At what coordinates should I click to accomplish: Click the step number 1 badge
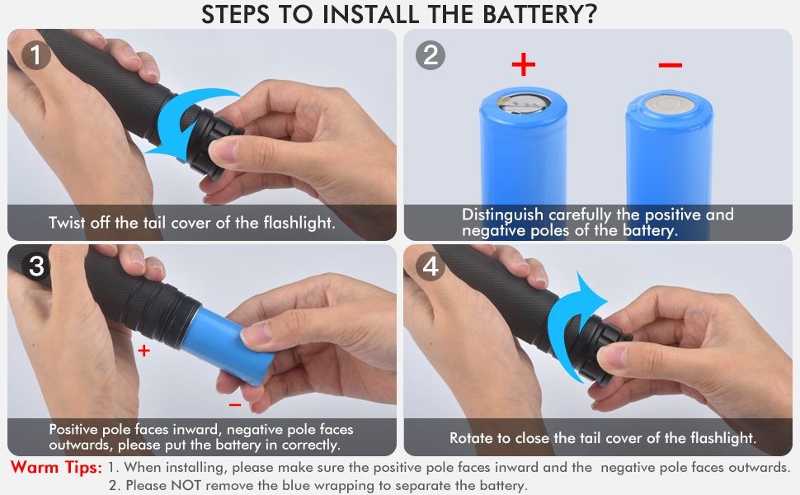click(x=35, y=56)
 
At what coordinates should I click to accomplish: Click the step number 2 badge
click(x=431, y=56)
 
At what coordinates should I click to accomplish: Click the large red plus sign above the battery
click(x=524, y=64)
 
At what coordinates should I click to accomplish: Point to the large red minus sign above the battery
click(x=671, y=65)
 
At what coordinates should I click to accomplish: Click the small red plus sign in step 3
click(x=144, y=351)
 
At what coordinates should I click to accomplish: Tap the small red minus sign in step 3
click(x=235, y=405)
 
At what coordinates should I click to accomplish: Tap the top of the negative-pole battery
click(x=670, y=104)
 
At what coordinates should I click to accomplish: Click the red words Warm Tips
click(x=56, y=468)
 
